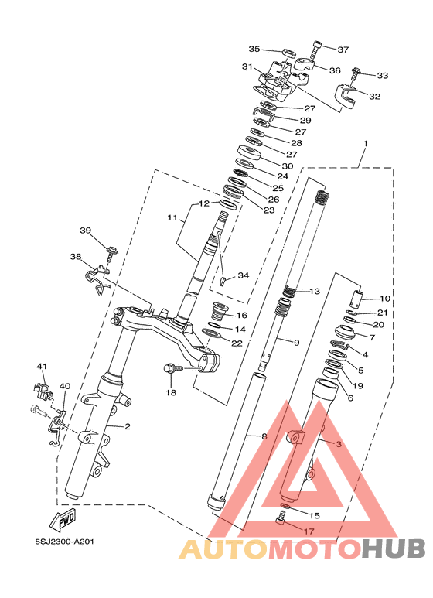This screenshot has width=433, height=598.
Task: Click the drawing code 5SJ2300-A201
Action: point(64,542)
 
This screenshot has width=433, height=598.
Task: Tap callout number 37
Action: point(343,50)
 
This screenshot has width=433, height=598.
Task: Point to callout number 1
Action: point(366,144)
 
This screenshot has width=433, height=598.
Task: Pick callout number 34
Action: point(244,275)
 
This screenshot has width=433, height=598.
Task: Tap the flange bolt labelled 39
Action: point(111,254)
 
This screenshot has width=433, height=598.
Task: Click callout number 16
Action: point(242,315)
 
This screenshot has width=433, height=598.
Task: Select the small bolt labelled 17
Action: point(280,518)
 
